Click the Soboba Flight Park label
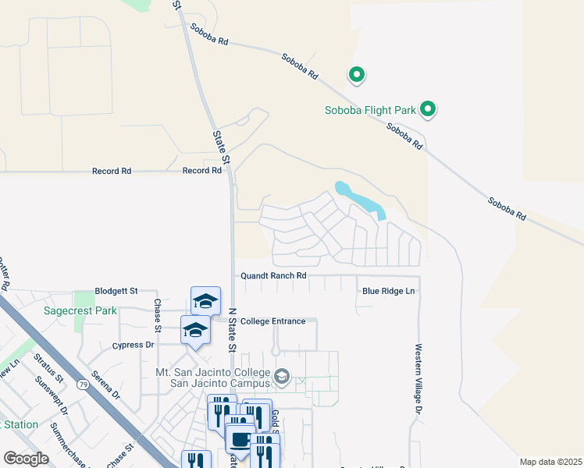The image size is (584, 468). pyautogui.click(x=370, y=110)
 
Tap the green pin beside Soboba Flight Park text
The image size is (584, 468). pyautogui.click(x=428, y=109)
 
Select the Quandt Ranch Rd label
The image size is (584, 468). pyautogui.click(x=273, y=275)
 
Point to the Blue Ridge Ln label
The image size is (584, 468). pyautogui.click(x=388, y=292)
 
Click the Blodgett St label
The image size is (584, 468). pyautogui.click(x=116, y=290)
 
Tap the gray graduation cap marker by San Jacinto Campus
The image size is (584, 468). pyautogui.click(x=281, y=378)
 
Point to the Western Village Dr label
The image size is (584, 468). pyautogui.click(x=418, y=378)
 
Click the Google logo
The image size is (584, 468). pyautogui.click(x=26, y=459)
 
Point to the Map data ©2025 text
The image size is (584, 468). pyautogui.click(x=550, y=462)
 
